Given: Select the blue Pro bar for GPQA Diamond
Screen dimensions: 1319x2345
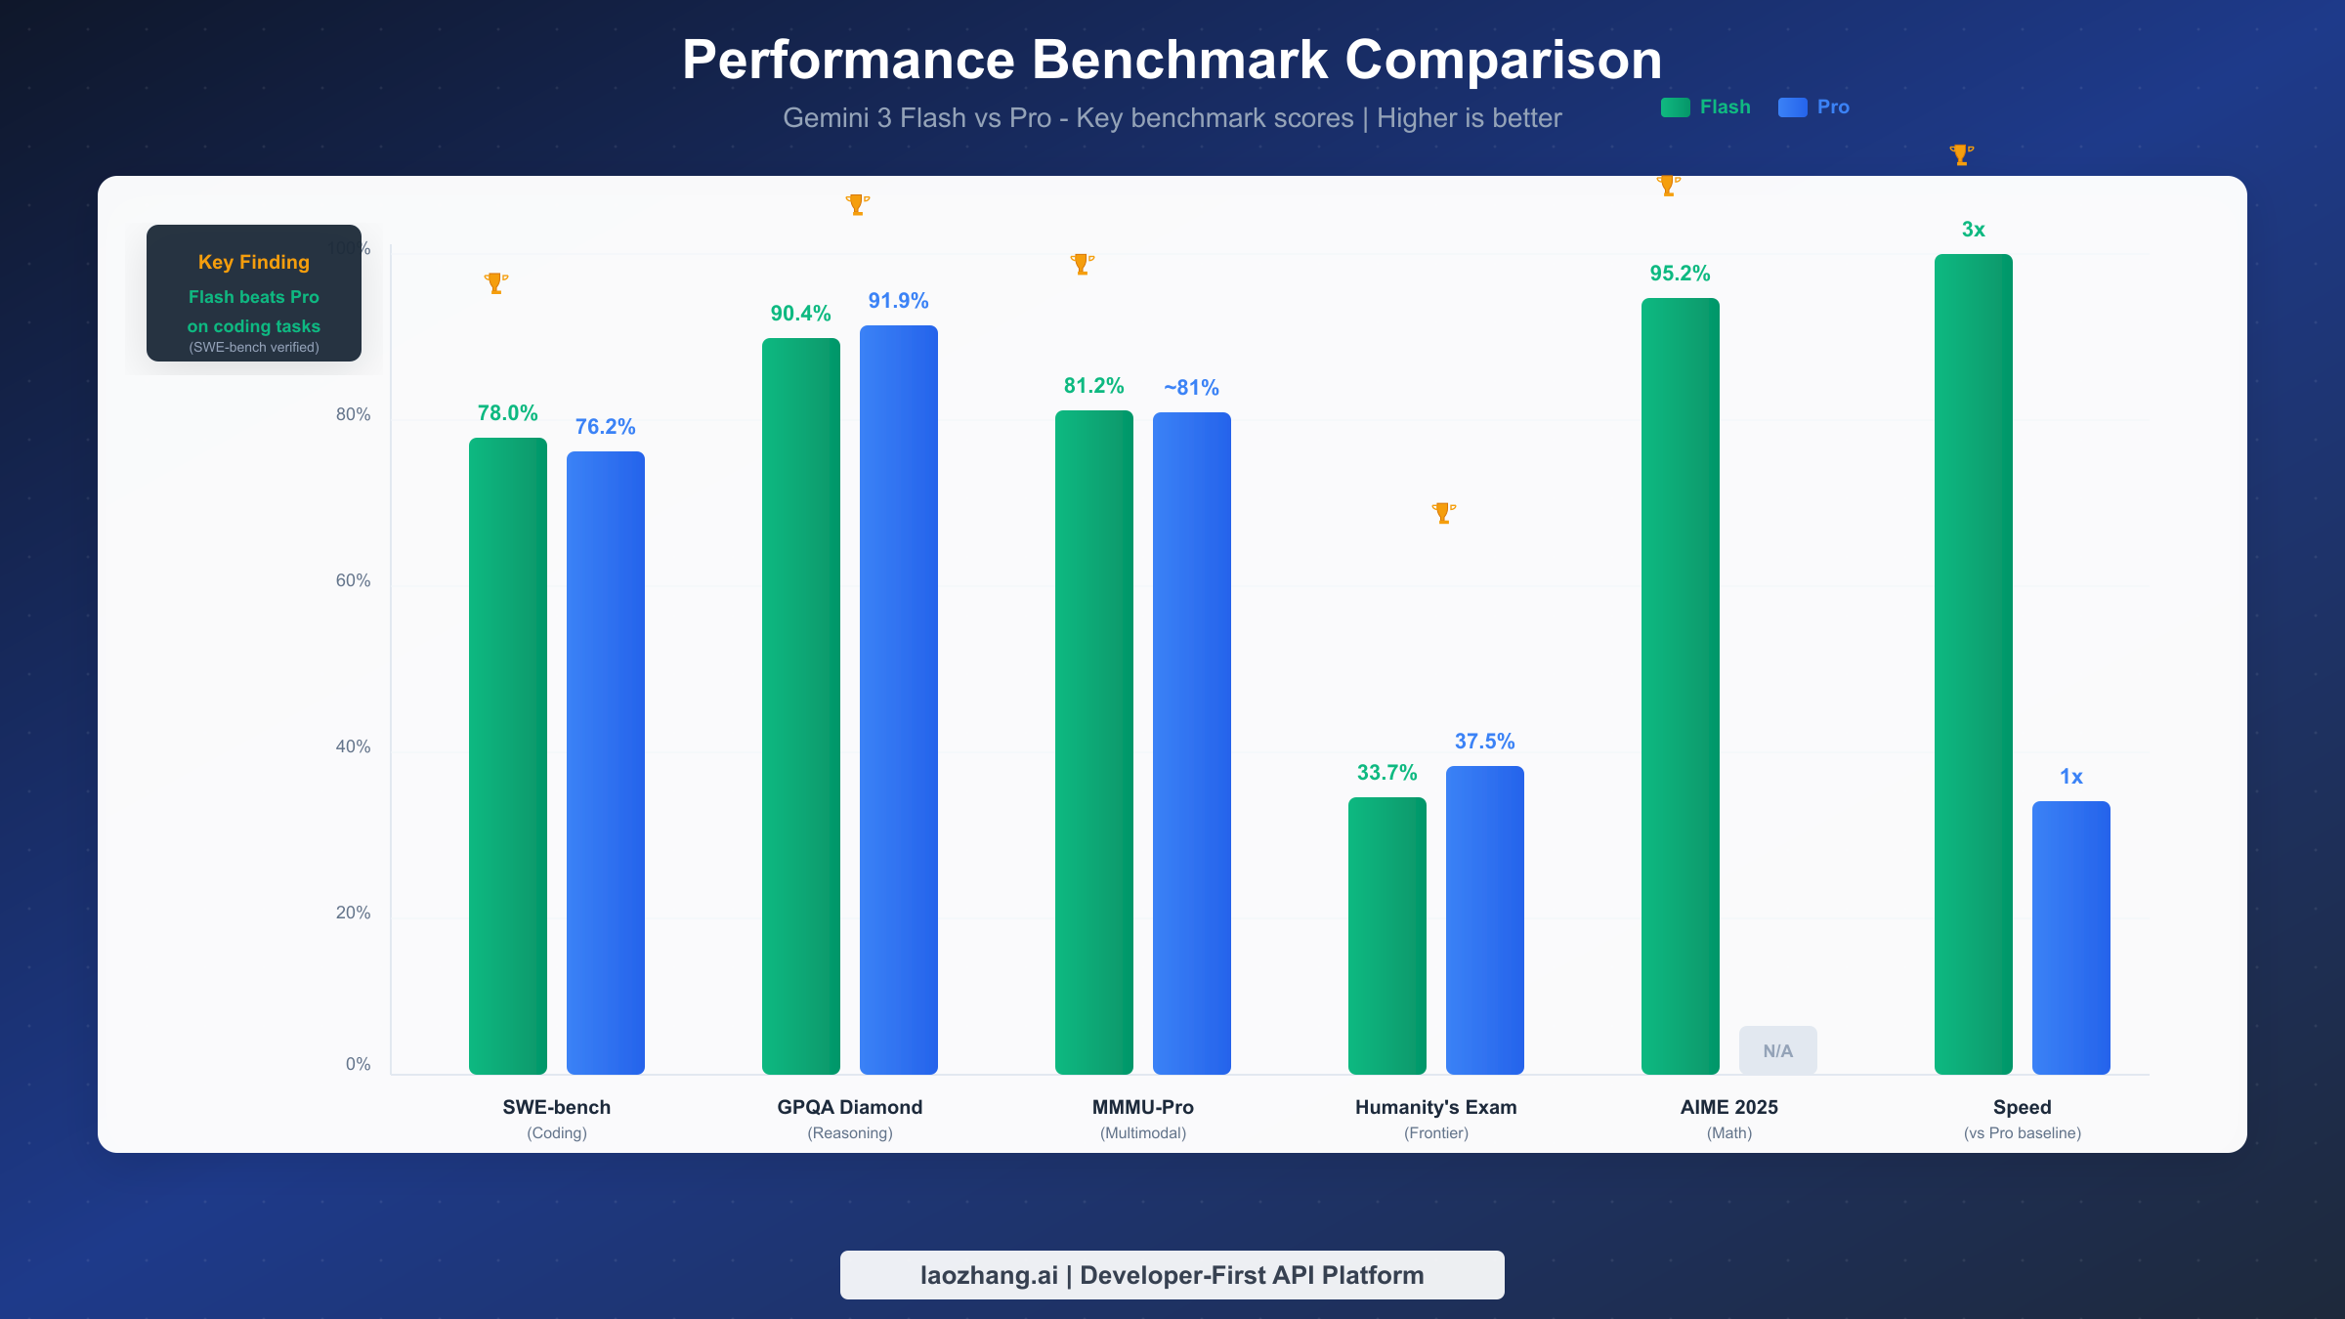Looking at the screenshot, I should click(x=899, y=700).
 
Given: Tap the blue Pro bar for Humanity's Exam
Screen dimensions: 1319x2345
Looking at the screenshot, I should click(x=1485, y=919).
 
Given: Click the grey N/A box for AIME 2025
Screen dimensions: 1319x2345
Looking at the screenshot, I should click(x=1778, y=1050).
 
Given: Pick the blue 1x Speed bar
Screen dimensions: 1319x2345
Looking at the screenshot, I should click(x=2071, y=937).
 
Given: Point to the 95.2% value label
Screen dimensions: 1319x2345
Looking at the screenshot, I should click(x=1680, y=274).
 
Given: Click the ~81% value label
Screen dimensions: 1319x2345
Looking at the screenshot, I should click(x=1191, y=388).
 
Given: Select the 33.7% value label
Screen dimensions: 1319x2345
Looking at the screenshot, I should click(x=1386, y=773).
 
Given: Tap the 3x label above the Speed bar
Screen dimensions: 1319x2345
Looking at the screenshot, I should click(x=1974, y=230).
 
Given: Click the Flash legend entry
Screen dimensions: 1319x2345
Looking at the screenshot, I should click(x=1707, y=107).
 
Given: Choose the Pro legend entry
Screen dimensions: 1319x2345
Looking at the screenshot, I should click(x=1814, y=107).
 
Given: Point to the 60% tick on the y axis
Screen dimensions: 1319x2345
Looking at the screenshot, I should click(x=353, y=580).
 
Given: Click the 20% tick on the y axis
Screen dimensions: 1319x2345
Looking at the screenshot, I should click(x=353, y=913).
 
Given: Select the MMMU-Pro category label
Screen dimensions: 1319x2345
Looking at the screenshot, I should click(x=1143, y=1107).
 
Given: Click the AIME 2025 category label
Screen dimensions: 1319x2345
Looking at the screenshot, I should click(x=1729, y=1107).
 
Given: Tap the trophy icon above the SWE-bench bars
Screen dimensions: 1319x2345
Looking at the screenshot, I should click(x=495, y=283).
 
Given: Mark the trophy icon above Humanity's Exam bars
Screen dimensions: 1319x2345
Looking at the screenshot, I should click(x=1443, y=513).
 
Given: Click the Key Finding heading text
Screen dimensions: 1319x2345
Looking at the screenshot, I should click(x=254, y=262).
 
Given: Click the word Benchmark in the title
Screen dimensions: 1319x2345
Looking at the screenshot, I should click(x=1180, y=60).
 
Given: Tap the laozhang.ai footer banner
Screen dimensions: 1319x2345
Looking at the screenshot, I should click(x=1172, y=1275).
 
